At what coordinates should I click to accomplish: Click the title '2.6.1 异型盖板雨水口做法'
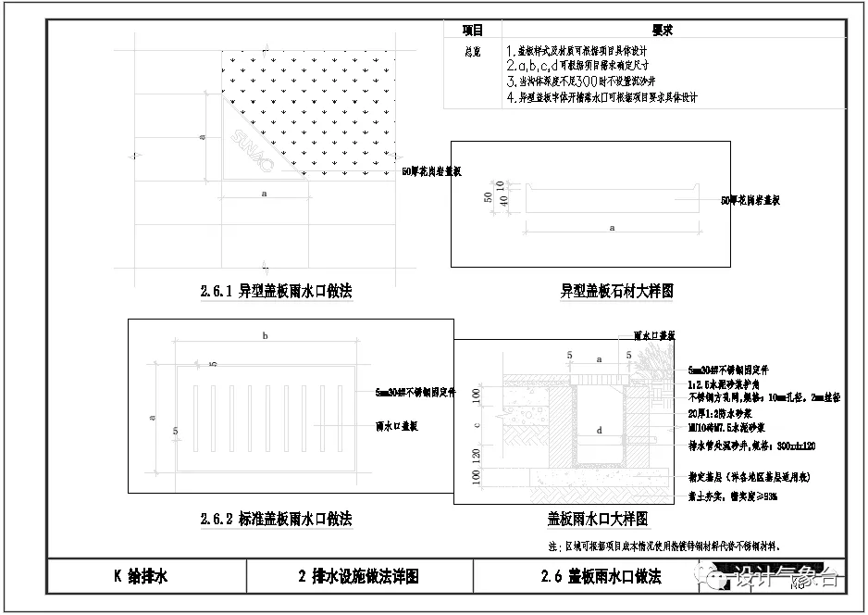coord(276,291)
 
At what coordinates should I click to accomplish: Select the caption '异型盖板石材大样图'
coord(616,291)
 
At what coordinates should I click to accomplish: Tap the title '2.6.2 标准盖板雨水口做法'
coord(276,519)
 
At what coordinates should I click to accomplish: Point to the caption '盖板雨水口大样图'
coord(597,519)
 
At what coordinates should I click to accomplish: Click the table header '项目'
coord(473,31)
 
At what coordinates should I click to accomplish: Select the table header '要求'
coord(662,31)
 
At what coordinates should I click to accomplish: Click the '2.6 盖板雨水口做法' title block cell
coord(601,577)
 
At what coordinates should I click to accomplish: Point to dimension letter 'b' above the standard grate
coord(265,336)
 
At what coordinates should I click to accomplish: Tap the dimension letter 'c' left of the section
coord(477,425)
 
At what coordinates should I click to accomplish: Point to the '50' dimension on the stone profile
coord(487,197)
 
